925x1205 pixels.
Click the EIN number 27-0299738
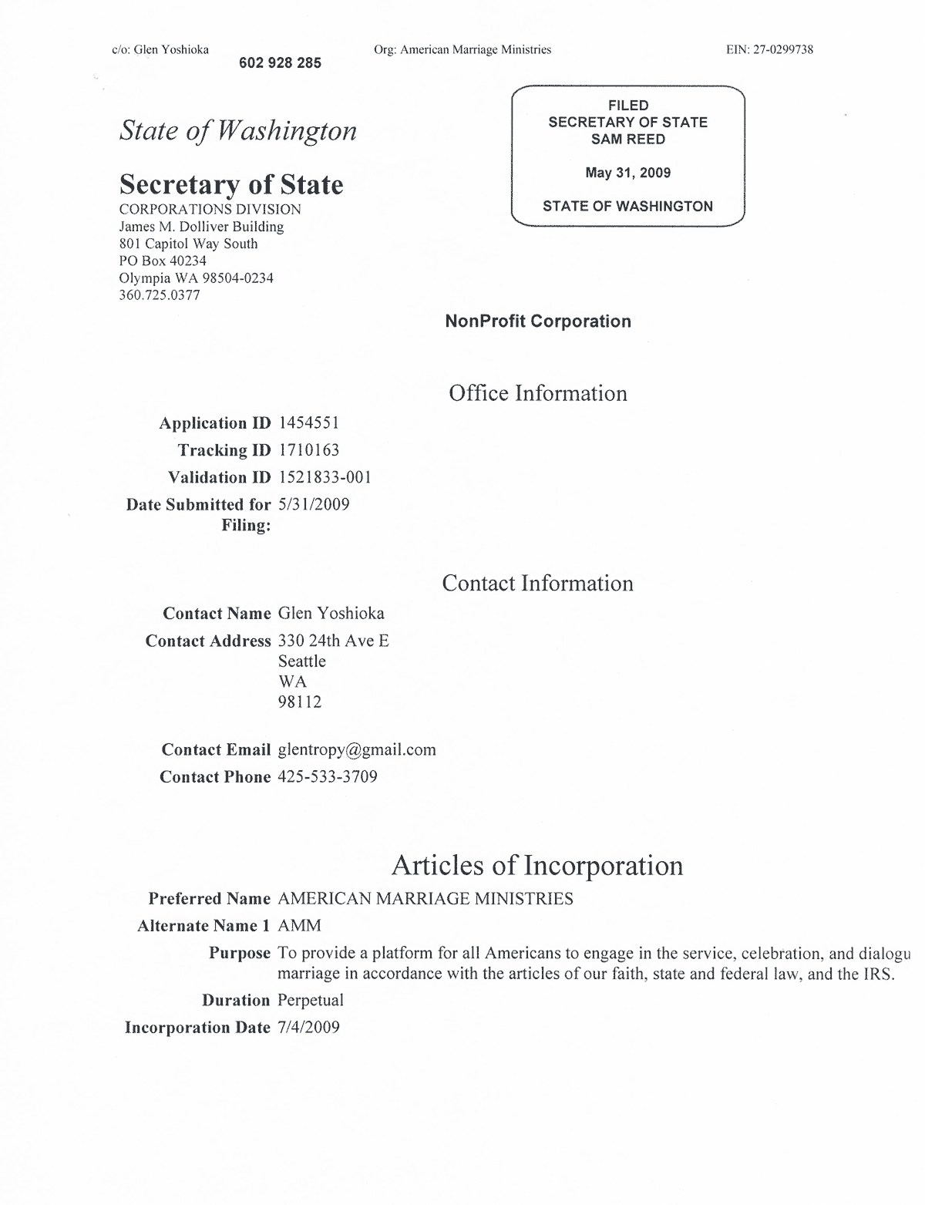pyautogui.click(x=783, y=50)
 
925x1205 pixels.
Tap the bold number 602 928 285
pyautogui.click(x=280, y=63)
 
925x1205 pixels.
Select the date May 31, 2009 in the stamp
pyautogui.click(x=627, y=173)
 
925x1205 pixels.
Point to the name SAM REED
pyautogui.click(x=627, y=140)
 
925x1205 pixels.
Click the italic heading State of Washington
pyautogui.click(x=237, y=130)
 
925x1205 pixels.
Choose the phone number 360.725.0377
pyautogui.click(x=160, y=295)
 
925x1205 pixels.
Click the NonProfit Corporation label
pyautogui.click(x=538, y=321)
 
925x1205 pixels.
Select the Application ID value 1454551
pyautogui.click(x=308, y=422)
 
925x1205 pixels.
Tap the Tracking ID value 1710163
pyautogui.click(x=308, y=450)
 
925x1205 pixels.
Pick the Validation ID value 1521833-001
pyautogui.click(x=325, y=477)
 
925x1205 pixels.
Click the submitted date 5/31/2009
pyautogui.click(x=314, y=504)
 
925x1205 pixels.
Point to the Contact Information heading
pyautogui.click(x=537, y=583)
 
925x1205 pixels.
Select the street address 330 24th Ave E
pyautogui.click(x=333, y=641)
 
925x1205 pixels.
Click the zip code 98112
pyautogui.click(x=300, y=702)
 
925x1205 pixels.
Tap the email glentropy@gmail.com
pyautogui.click(x=357, y=749)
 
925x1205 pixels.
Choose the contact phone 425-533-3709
pyautogui.click(x=328, y=776)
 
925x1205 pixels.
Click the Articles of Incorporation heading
pyautogui.click(x=537, y=865)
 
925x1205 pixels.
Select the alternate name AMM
pyautogui.click(x=299, y=926)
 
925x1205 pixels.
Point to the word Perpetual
pyautogui.click(x=311, y=1000)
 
